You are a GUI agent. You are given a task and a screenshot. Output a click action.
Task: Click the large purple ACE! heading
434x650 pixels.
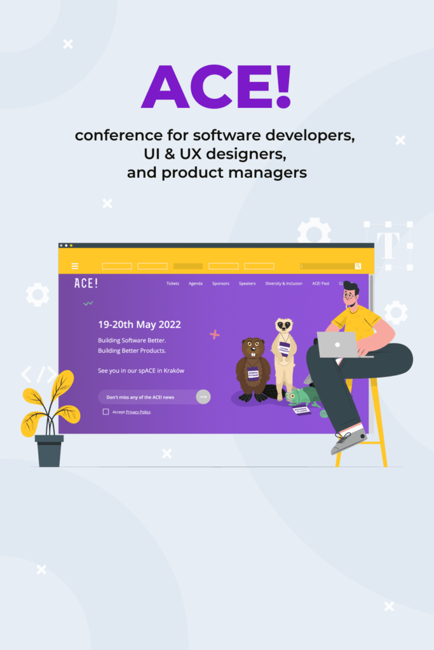(x=216, y=88)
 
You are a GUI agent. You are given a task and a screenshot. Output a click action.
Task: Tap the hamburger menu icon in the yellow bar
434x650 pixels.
(x=75, y=266)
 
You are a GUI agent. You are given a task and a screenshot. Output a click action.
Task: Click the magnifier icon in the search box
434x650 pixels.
(x=358, y=266)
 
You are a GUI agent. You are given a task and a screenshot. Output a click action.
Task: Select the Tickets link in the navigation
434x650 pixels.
(x=172, y=284)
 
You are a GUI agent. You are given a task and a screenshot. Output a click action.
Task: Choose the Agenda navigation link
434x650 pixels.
(x=196, y=284)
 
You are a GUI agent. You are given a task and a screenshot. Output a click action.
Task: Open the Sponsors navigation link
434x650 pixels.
(x=220, y=284)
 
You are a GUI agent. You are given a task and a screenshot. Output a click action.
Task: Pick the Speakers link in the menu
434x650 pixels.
(x=247, y=284)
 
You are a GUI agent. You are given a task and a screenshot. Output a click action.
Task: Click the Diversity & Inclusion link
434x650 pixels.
(x=283, y=284)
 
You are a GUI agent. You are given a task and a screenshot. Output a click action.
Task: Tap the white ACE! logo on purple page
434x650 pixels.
(x=86, y=284)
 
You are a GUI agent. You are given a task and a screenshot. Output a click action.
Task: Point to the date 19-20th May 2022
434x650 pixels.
(x=139, y=324)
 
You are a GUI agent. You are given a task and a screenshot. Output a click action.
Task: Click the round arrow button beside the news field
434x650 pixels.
(x=203, y=397)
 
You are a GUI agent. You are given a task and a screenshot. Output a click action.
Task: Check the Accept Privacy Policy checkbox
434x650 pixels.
(x=105, y=412)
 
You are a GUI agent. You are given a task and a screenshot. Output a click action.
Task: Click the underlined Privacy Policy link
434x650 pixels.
(x=138, y=412)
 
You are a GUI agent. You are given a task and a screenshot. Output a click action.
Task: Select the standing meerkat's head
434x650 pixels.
(x=283, y=326)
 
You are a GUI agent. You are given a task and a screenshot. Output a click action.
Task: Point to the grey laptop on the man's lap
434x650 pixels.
(x=337, y=344)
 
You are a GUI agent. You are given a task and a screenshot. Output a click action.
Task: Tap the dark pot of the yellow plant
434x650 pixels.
(x=49, y=451)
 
